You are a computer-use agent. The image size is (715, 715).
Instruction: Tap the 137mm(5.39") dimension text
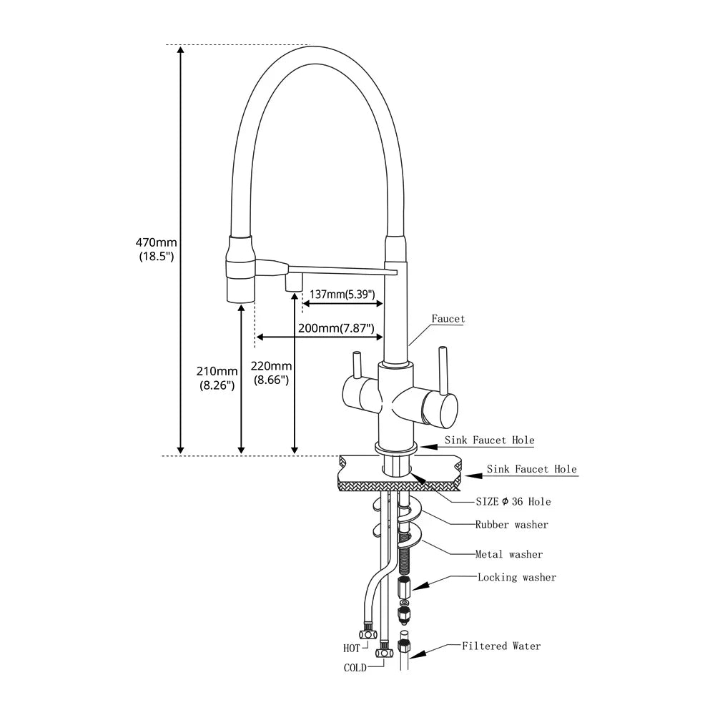tap(342, 293)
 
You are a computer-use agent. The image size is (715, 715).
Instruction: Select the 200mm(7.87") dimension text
tap(336, 328)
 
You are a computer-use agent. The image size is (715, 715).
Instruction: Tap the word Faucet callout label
tap(448, 319)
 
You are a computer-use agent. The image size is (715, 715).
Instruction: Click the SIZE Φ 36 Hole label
tap(513, 501)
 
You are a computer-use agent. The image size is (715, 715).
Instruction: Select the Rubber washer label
tap(512, 525)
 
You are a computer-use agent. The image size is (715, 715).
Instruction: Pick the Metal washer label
tap(509, 554)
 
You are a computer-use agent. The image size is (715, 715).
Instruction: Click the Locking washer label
tap(516, 577)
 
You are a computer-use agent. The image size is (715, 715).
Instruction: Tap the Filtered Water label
tap(501, 646)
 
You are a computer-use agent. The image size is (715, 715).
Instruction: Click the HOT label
tap(352, 649)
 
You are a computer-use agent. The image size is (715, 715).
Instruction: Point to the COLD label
tap(355, 668)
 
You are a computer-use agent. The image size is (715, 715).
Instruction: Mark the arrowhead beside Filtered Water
tap(420, 652)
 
